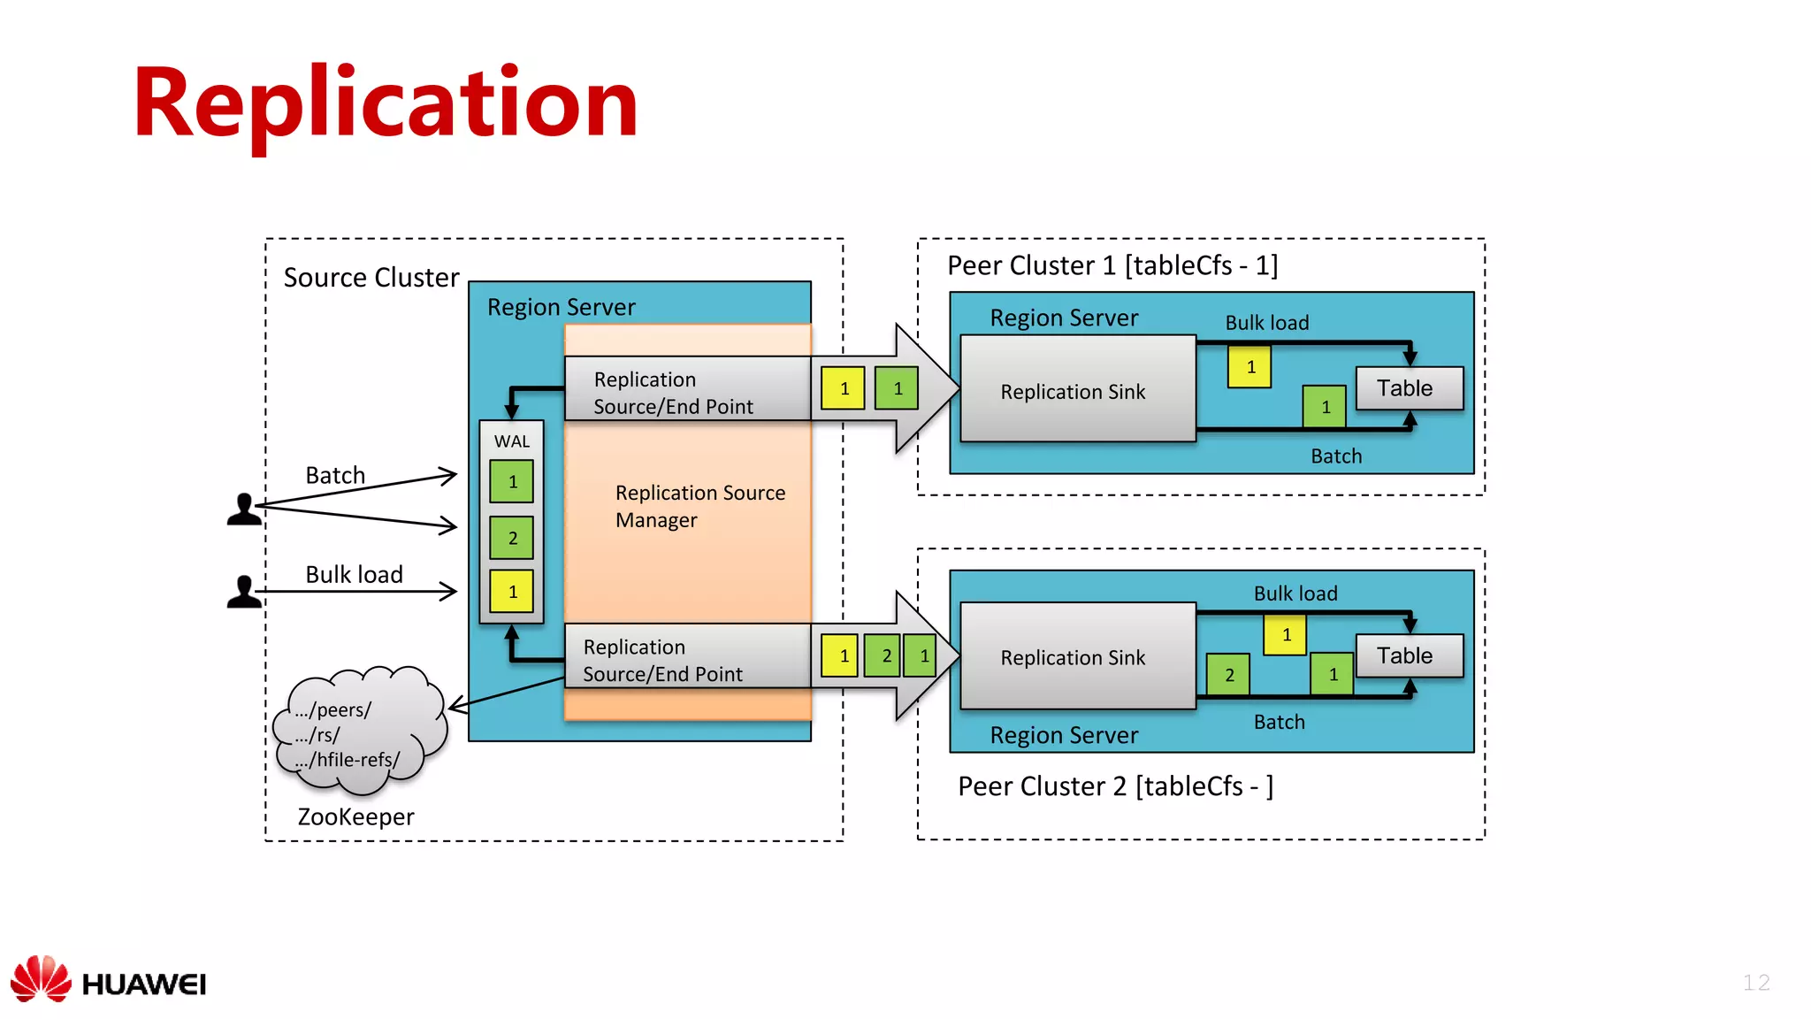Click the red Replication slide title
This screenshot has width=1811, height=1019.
pos(386,104)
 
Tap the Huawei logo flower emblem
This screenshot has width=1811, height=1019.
pos(41,978)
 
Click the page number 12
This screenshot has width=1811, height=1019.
pos(1755,982)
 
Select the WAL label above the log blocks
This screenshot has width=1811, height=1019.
pos(512,441)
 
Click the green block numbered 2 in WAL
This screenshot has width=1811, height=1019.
pos(512,538)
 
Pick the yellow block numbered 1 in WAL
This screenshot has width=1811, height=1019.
pos(512,592)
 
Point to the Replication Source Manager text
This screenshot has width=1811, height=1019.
pos(699,506)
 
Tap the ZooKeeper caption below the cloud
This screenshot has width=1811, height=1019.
pos(355,816)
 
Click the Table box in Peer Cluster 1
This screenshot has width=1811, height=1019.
pos(1408,388)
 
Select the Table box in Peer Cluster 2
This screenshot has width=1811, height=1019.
pos(1408,655)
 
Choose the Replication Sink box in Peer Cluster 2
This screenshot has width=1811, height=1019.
pos(1076,656)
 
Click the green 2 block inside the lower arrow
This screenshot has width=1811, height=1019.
pos(884,655)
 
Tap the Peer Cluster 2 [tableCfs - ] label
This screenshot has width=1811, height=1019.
pos(1115,785)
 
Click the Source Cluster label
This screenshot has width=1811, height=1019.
pos(371,278)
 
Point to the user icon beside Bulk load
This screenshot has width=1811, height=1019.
pos(243,592)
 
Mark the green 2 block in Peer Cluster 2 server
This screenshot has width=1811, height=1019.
pos(1228,675)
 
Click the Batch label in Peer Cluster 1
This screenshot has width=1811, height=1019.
pos(1335,456)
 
